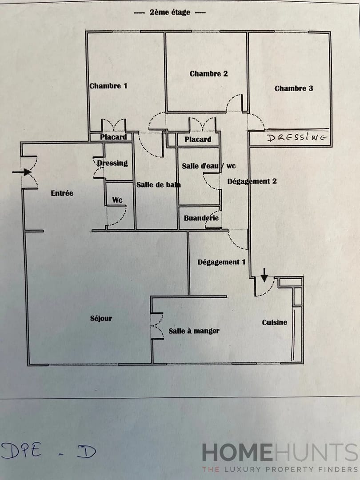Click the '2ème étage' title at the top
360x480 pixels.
(170, 12)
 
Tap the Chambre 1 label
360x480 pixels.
(108, 86)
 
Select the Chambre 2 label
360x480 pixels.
(208, 73)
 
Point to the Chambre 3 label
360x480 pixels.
(293, 88)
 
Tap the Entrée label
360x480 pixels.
(62, 193)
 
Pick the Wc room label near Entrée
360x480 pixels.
(117, 200)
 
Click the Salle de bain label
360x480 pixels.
(158, 185)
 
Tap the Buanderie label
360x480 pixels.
(201, 218)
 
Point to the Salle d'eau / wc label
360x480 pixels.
(208, 166)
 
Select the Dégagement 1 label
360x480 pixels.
(221, 262)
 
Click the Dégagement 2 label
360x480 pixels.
(252, 181)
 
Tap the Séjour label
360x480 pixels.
(101, 318)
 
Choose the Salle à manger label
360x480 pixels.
(194, 331)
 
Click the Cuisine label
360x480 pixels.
(274, 322)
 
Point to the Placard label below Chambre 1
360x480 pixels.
(113, 137)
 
